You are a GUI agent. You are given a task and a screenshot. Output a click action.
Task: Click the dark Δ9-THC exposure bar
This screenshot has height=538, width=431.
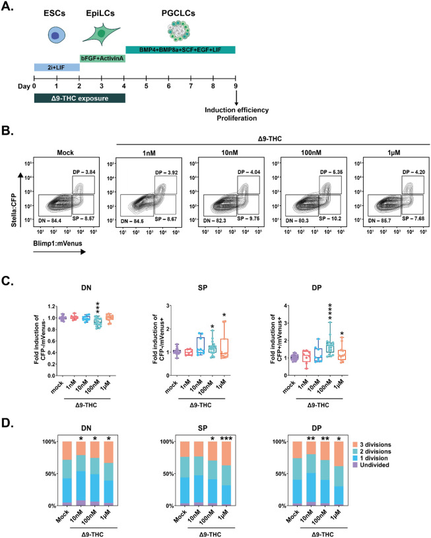click(79, 98)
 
